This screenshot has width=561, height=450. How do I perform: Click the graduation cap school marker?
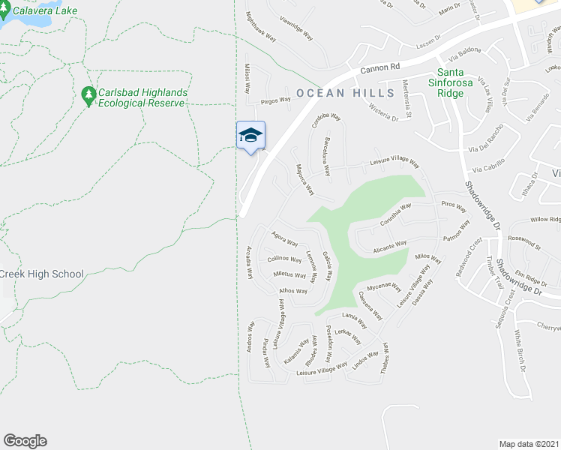pyautogui.click(x=250, y=136)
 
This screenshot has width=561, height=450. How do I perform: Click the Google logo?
pyautogui.click(x=25, y=441)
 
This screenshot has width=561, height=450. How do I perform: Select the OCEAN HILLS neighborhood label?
pyautogui.click(x=345, y=93)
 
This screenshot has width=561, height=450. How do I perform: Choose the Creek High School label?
pyautogui.click(x=42, y=274)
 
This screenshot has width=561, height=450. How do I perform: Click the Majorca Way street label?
pyautogui.click(x=304, y=179)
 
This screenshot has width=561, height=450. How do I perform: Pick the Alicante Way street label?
pyautogui.click(x=390, y=245)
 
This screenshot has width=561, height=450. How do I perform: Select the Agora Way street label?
pyautogui.click(x=285, y=238)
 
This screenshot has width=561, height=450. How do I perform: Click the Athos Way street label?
pyautogui.click(x=293, y=290)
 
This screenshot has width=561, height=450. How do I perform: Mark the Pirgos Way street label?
pyautogui.click(x=275, y=99)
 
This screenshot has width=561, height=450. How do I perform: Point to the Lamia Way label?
pyautogui.click(x=355, y=319)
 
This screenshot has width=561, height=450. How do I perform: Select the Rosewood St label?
pyautogui.click(x=524, y=242)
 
